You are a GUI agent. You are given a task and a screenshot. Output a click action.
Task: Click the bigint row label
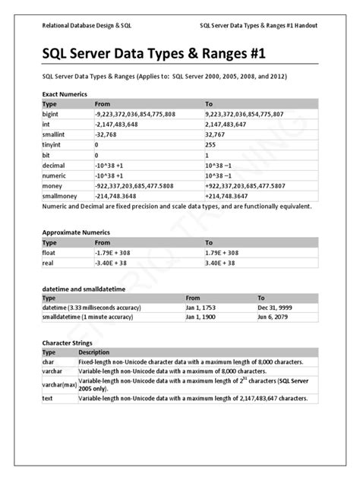(51, 113)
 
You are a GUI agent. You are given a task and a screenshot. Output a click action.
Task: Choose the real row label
(48, 262)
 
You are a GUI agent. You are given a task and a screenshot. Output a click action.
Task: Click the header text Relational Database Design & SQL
(87, 24)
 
